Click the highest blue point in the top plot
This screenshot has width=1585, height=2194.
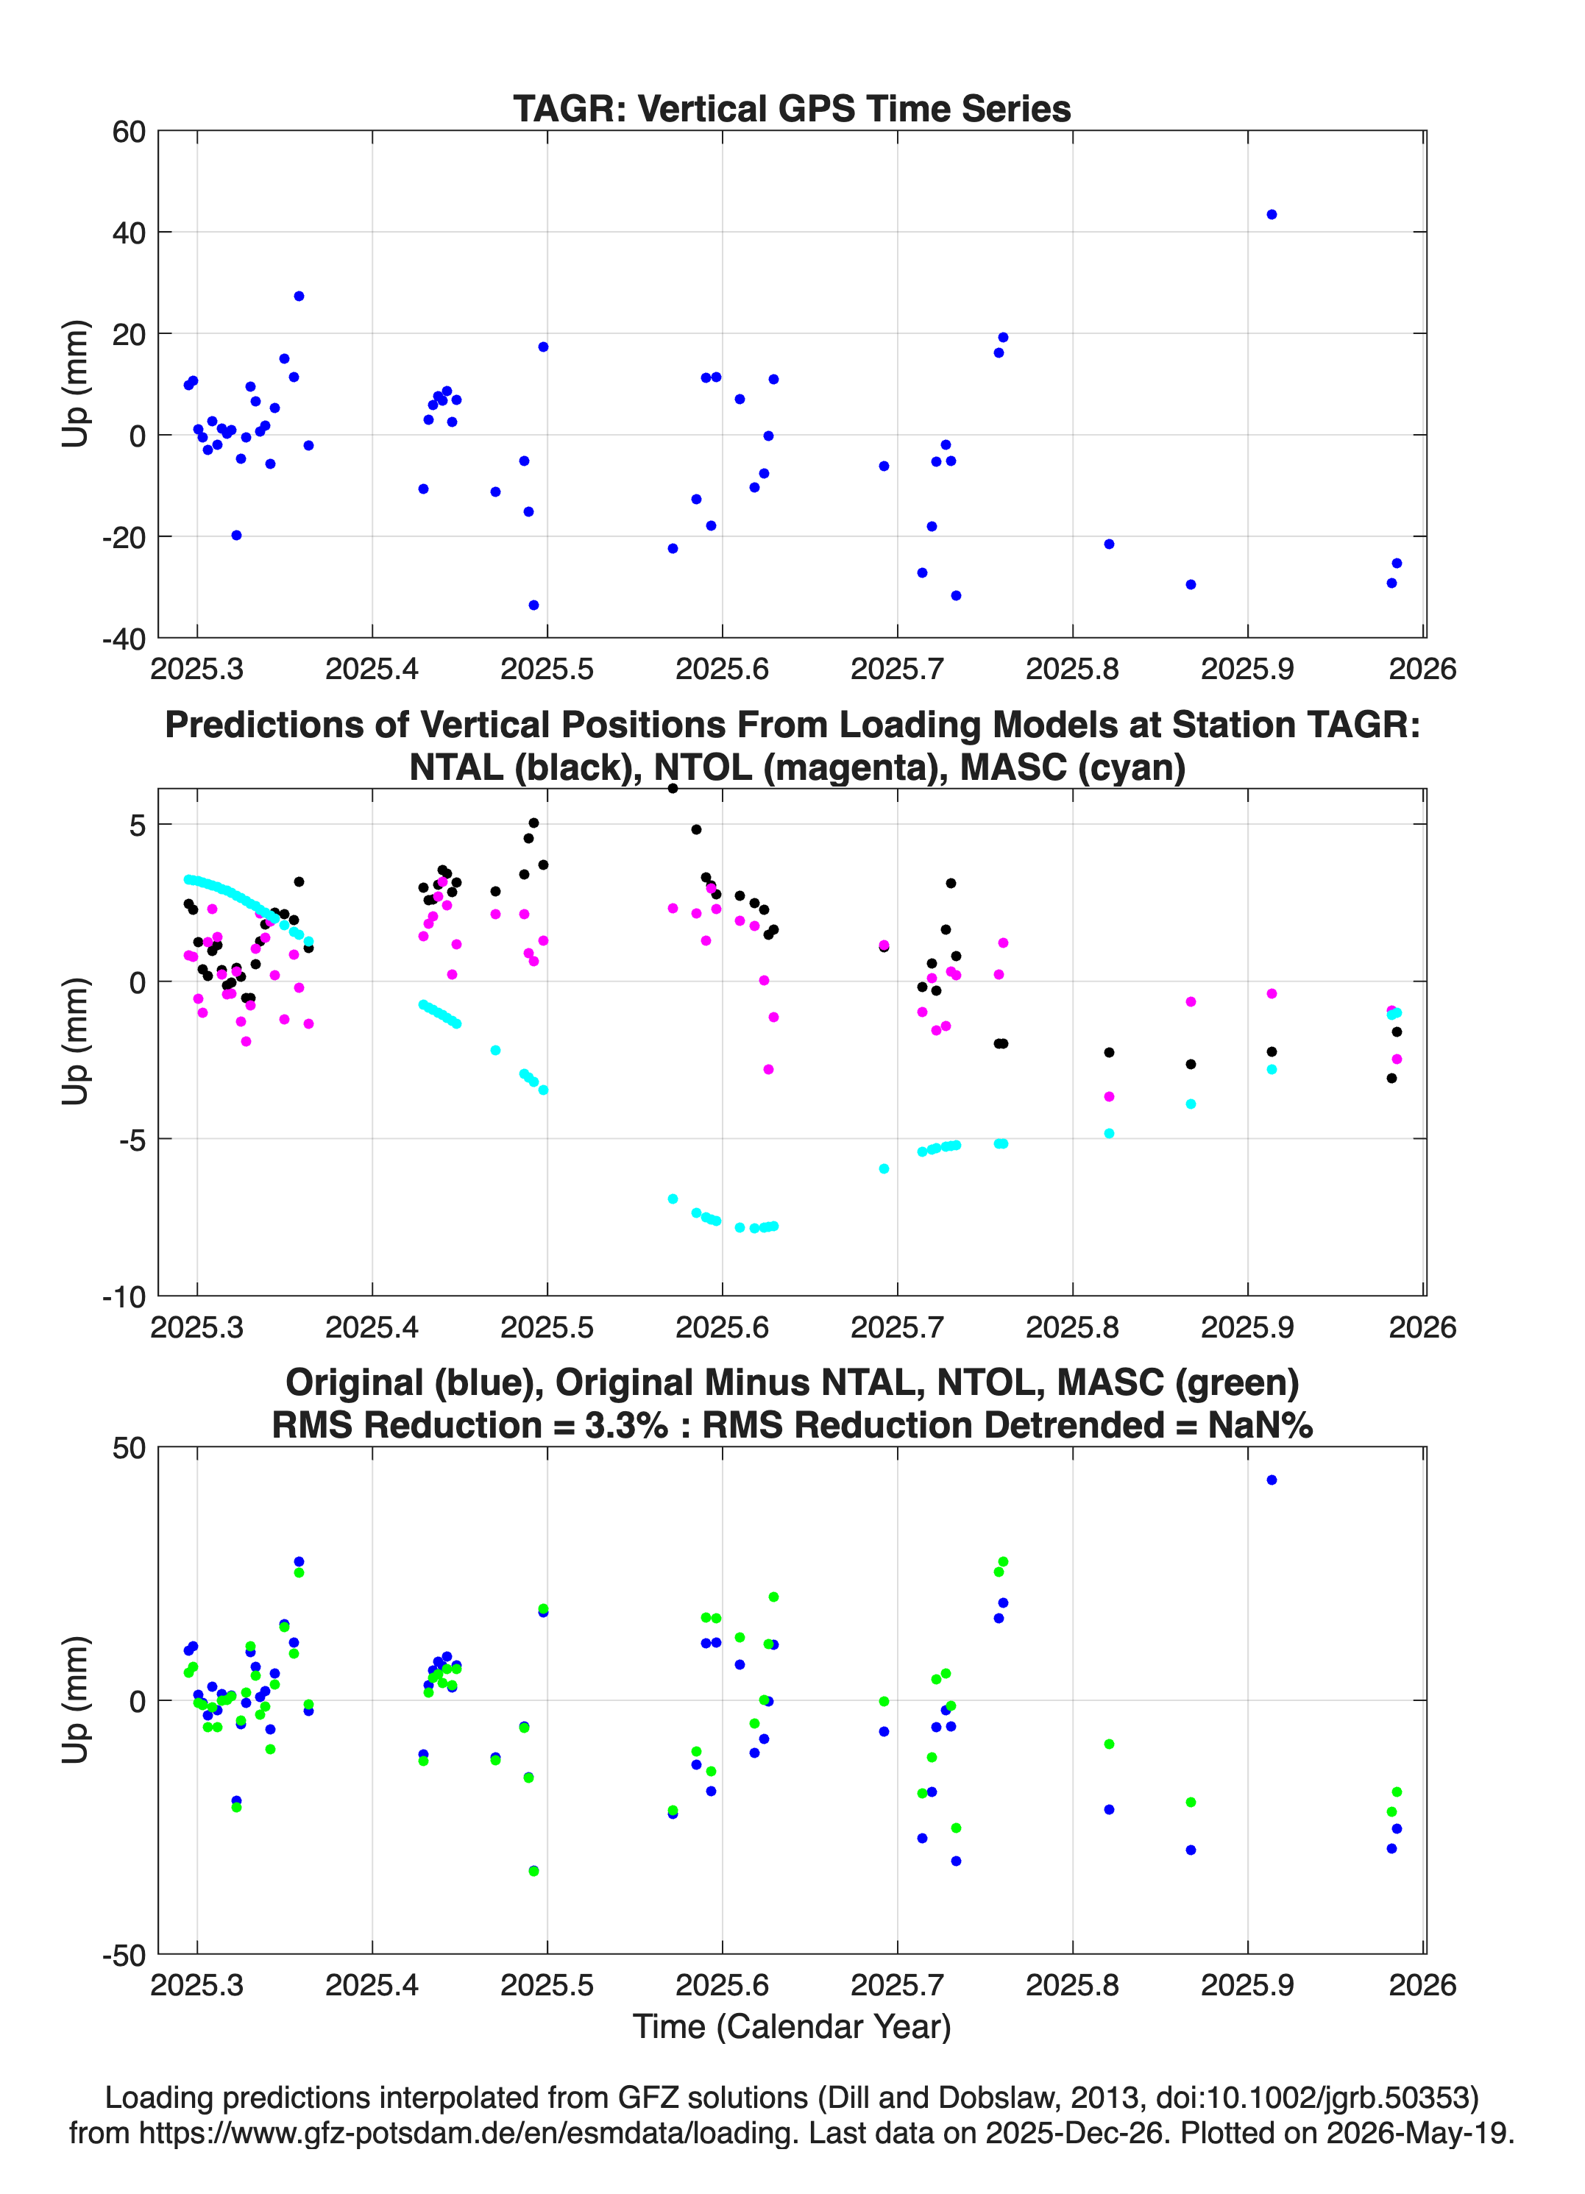click(x=1272, y=215)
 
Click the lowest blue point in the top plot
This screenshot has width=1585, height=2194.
click(x=533, y=606)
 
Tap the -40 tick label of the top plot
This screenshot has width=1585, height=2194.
click(x=124, y=639)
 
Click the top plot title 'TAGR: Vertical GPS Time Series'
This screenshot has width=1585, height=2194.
click(x=792, y=108)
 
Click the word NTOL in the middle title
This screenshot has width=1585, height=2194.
click(x=703, y=767)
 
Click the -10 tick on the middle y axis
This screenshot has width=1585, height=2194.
click(x=124, y=1296)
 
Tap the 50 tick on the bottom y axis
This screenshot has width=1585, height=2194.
click(x=129, y=1448)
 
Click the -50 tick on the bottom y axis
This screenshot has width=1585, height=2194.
click(x=124, y=1955)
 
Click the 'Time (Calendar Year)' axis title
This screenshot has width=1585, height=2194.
click(x=792, y=2027)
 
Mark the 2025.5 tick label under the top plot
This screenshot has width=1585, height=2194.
click(x=547, y=669)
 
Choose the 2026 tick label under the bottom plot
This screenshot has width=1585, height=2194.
click(x=1422, y=1985)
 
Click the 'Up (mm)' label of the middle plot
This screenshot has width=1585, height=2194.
click(x=76, y=1042)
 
